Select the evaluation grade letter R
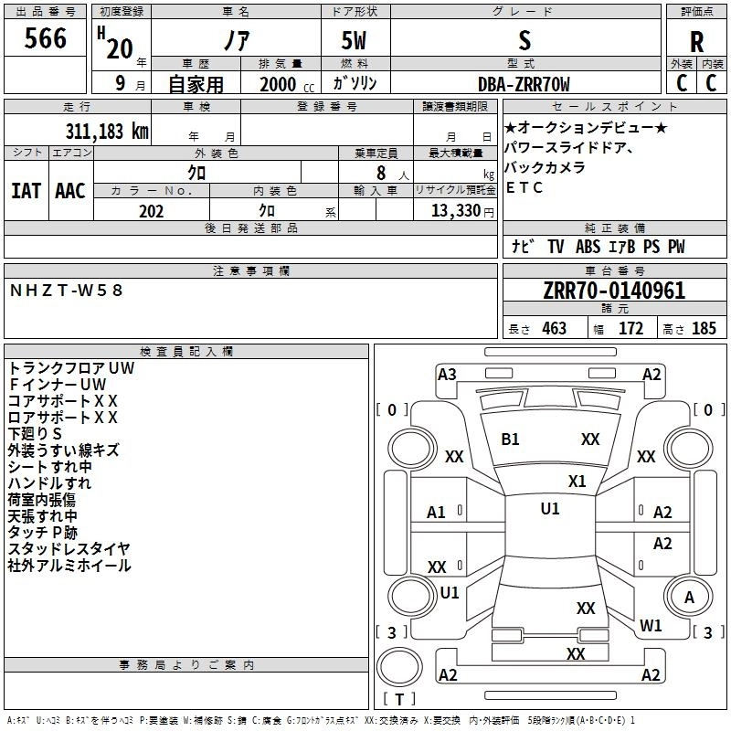(x=696, y=42)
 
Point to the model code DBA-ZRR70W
(x=524, y=84)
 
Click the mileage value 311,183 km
(x=107, y=131)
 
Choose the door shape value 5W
(x=355, y=42)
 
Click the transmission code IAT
(x=26, y=191)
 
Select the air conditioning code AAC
(x=69, y=191)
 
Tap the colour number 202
(x=151, y=211)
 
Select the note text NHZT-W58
(x=66, y=290)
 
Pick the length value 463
(x=554, y=329)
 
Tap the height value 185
(x=704, y=329)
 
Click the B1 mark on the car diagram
(x=510, y=440)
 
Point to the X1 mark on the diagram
(x=577, y=481)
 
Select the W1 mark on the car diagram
(x=651, y=626)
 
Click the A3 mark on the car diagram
(x=447, y=374)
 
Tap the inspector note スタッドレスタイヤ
(x=69, y=549)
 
